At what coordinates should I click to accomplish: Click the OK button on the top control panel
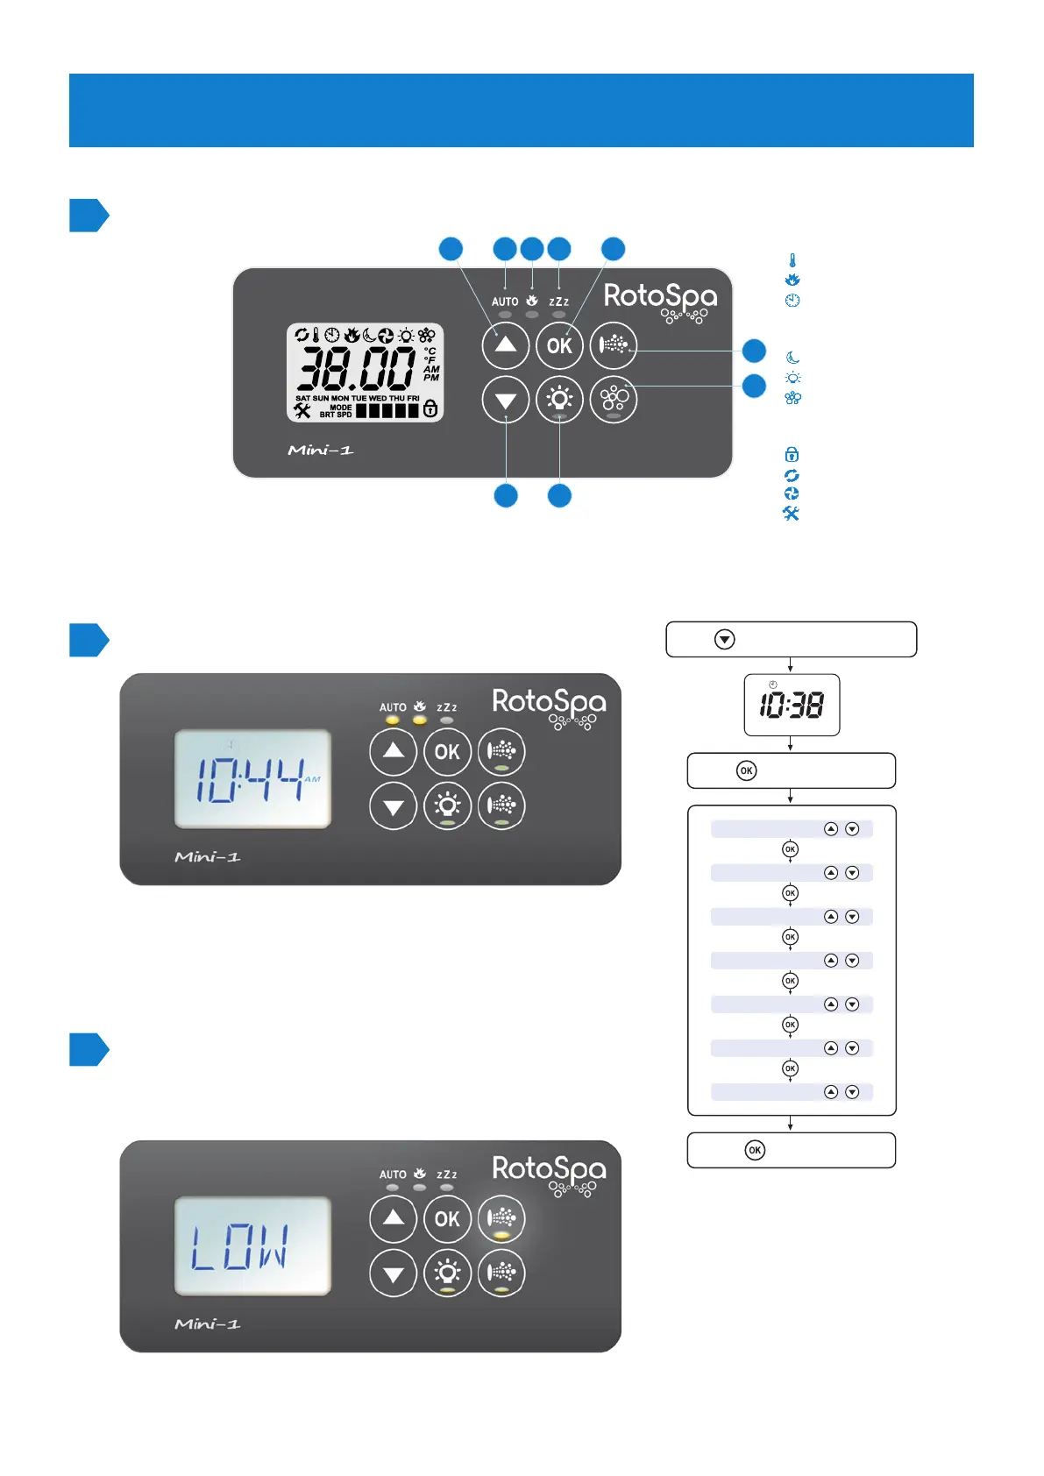[x=559, y=345]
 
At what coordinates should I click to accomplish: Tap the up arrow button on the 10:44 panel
[x=394, y=751]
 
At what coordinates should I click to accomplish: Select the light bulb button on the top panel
[x=559, y=400]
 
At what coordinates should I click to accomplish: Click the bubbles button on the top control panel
[x=614, y=400]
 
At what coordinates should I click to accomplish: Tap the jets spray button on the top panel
[x=614, y=345]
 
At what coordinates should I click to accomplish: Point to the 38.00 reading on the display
[x=356, y=368]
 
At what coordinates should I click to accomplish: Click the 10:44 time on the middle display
[x=250, y=779]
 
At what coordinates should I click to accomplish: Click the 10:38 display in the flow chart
[x=792, y=705]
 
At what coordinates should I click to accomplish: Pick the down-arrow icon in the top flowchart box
[x=724, y=640]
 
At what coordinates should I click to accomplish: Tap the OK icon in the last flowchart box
[x=755, y=1150]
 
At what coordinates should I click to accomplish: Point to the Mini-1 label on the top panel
[x=321, y=451]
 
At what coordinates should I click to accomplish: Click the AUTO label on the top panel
[x=505, y=302]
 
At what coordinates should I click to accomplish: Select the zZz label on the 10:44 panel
[x=447, y=707]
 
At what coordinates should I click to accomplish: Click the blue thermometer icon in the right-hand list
[x=792, y=260]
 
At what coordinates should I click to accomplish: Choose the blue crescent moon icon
[x=792, y=358]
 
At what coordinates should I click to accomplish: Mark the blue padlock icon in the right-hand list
[x=792, y=454]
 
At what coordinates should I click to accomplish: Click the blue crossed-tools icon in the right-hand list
[x=791, y=514]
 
